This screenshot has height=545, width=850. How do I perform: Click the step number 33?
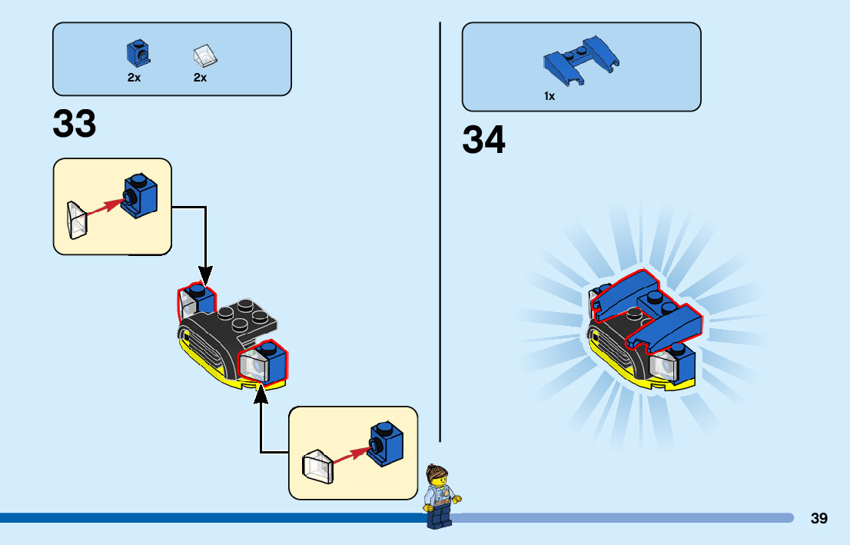point(75,124)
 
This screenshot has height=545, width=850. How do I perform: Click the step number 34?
point(484,140)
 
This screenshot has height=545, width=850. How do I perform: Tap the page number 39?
point(818,518)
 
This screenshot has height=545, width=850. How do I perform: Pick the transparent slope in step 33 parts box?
point(204,55)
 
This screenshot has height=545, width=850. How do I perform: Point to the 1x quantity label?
point(550,97)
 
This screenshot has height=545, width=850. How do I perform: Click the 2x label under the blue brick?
point(134,78)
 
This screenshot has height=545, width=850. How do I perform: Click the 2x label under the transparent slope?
point(201,78)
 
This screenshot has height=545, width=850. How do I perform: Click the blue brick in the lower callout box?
point(386,444)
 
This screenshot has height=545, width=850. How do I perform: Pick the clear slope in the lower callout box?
point(318,465)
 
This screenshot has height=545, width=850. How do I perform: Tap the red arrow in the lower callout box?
point(347,454)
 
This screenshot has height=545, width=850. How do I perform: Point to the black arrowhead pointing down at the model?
point(205,274)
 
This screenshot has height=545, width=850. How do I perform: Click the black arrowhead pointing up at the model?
point(261,393)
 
